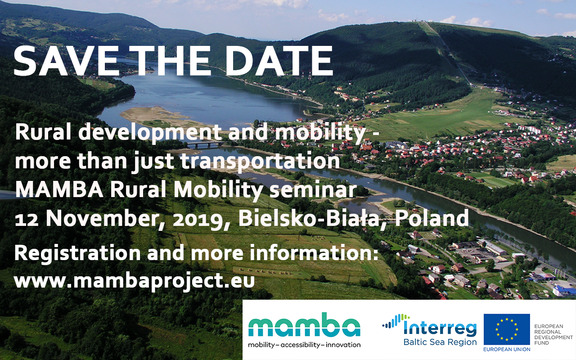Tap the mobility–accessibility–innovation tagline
(x=304, y=345)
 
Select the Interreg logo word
(x=440, y=328)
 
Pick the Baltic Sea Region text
(x=440, y=342)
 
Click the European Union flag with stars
(x=507, y=329)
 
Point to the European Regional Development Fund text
(x=553, y=334)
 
